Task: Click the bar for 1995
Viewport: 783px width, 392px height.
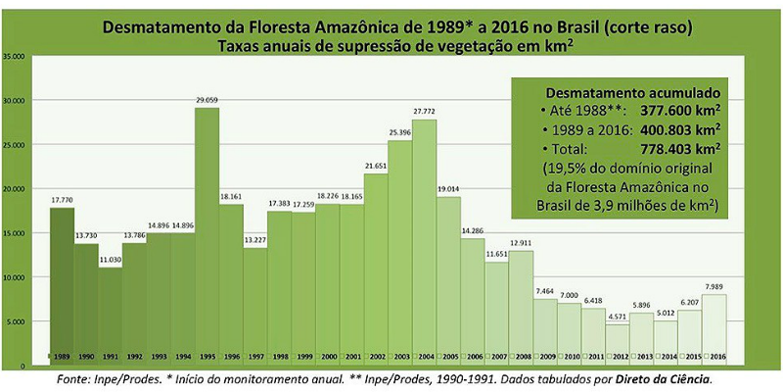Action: tap(207, 235)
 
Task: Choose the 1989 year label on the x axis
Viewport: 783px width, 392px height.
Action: tap(62, 356)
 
